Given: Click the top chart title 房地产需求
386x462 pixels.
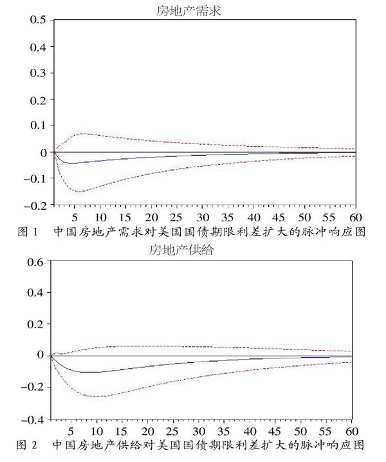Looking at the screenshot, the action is [188, 11].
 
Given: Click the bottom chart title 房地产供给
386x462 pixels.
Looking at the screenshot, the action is [181, 250].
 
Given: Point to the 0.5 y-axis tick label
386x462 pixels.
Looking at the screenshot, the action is [38, 20].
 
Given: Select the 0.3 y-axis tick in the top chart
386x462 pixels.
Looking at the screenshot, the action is [38, 73].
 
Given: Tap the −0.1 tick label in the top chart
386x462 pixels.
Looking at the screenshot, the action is [35, 178].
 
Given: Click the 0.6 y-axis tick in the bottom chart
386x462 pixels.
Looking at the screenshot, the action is [35, 262].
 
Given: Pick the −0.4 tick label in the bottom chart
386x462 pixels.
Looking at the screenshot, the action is [32, 420].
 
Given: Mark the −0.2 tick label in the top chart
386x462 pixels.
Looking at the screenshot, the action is [35, 205].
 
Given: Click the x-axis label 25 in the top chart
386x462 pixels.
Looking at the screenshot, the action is [176, 217].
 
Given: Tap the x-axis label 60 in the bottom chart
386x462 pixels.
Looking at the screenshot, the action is [351, 432].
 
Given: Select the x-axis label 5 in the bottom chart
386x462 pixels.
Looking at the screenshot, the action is [71, 432].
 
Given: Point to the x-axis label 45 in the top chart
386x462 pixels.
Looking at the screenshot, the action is [279, 217].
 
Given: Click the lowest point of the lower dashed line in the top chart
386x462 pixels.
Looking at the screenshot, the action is [80, 192].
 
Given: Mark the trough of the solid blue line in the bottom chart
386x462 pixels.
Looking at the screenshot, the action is [86, 372].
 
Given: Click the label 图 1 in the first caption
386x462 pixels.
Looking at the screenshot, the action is [28, 232].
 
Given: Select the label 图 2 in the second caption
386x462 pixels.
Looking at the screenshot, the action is [26, 445].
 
